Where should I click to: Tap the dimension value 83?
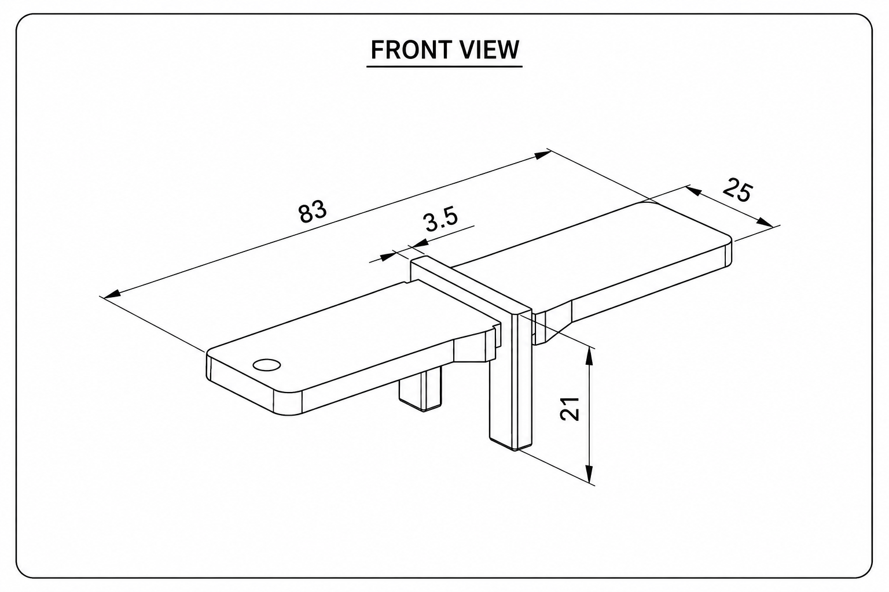pos(313,212)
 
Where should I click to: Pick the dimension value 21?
pos(570,408)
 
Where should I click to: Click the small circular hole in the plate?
pos(267,365)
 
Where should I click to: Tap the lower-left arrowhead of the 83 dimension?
pos(112,294)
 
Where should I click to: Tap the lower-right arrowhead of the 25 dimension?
pos(765,223)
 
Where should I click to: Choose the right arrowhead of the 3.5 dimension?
pos(417,243)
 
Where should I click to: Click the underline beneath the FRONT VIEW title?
pos(444,66)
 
